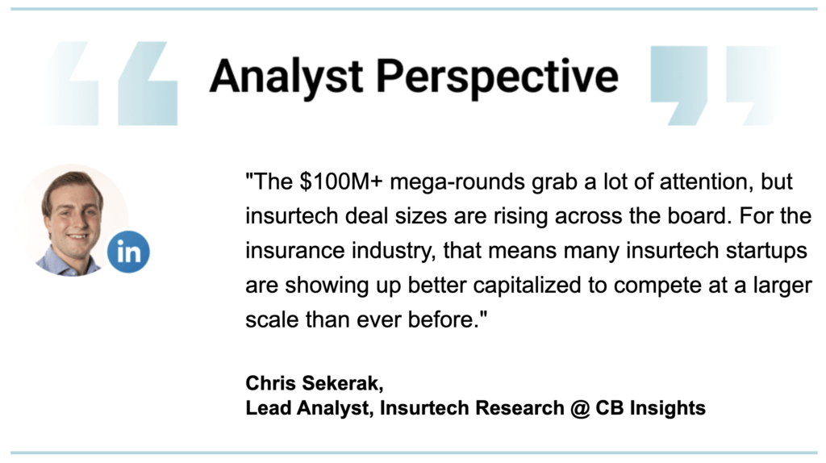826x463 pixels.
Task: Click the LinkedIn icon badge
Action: pyautogui.click(x=128, y=252)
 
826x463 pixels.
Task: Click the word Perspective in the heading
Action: pyautogui.click(x=497, y=77)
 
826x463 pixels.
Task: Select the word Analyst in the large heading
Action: pyautogui.click(x=286, y=77)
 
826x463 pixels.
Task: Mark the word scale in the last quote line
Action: pyautogui.click(x=272, y=319)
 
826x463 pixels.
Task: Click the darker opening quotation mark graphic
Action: pyautogui.click(x=148, y=84)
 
